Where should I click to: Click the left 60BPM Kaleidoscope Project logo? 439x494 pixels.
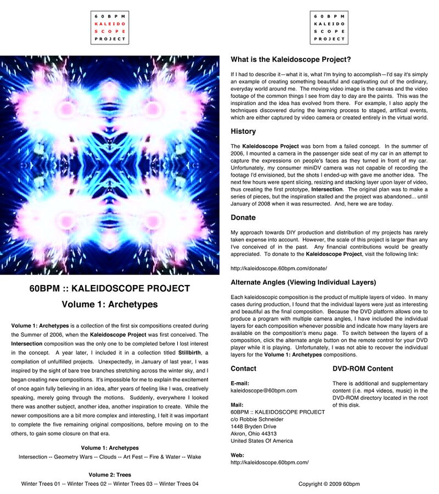click(x=110, y=28)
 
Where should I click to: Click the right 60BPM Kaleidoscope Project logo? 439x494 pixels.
click(x=329, y=28)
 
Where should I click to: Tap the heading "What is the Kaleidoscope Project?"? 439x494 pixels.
click(x=291, y=60)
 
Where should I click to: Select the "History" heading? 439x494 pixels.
click(x=243, y=132)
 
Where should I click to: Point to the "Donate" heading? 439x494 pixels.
click(x=243, y=218)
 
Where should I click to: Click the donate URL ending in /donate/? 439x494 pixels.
click(x=279, y=268)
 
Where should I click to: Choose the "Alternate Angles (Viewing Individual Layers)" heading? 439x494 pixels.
click(x=303, y=282)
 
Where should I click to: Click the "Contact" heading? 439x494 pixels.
click(x=244, y=368)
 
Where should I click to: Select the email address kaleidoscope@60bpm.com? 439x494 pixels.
click(x=264, y=390)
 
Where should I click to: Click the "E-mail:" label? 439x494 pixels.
click(x=240, y=383)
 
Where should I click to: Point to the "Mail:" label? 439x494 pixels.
click(x=237, y=405)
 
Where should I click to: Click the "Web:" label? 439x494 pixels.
click(x=237, y=455)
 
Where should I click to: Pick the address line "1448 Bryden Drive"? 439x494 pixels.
click(x=254, y=426)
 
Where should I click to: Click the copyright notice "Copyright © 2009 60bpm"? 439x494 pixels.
click(x=329, y=484)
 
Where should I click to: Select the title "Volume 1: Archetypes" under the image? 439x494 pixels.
click(x=110, y=304)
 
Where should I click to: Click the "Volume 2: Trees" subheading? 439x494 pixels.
click(x=110, y=475)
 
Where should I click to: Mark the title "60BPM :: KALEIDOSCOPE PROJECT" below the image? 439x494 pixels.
click(x=110, y=288)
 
